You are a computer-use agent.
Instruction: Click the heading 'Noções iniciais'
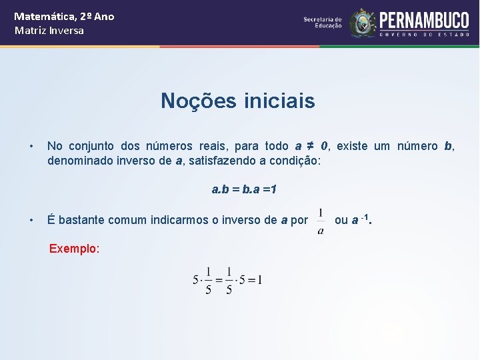click(237, 101)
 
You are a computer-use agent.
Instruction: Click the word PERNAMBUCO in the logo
click(424, 20)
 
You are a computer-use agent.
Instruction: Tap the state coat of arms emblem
click(363, 23)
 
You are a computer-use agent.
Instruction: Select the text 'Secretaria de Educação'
click(323, 23)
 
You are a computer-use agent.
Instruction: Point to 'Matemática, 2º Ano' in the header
click(64, 16)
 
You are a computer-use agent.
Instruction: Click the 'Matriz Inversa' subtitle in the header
click(49, 31)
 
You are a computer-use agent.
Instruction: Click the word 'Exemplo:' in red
click(74, 249)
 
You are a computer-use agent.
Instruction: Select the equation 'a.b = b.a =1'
click(244, 189)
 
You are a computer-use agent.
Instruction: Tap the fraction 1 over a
click(321, 221)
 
